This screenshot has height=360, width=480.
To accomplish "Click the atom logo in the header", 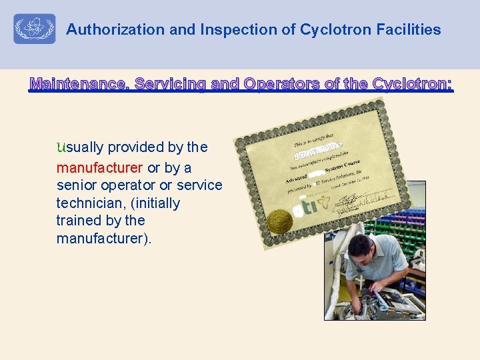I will point(35,29).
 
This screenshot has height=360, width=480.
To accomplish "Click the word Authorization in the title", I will point(106,30).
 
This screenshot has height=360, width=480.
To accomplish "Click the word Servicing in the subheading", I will point(170,84).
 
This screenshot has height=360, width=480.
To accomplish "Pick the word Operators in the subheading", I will point(281,84).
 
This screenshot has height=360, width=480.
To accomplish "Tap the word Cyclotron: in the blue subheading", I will point(413,84).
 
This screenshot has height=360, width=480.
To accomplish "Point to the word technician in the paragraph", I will point(90,203).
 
